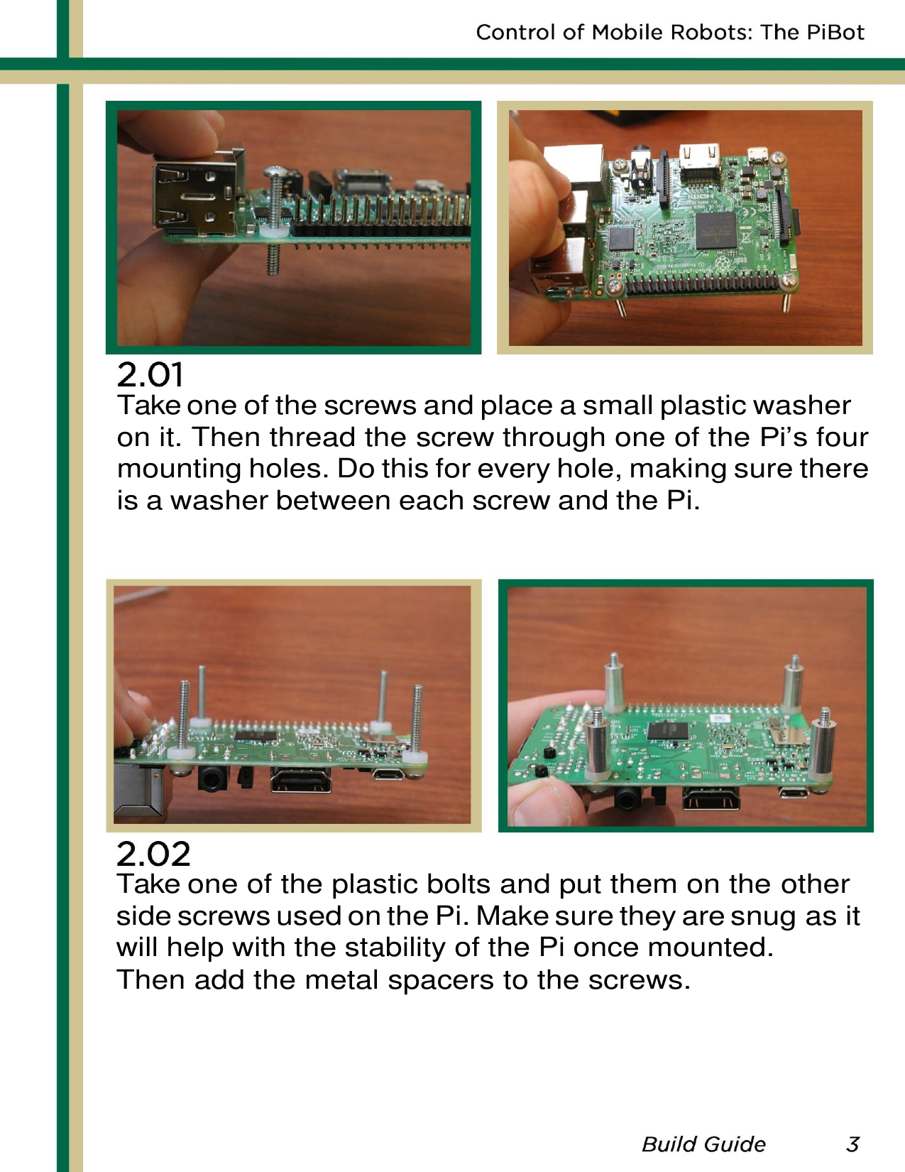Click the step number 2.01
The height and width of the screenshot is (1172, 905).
click(x=150, y=374)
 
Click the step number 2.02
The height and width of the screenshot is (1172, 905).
click(x=153, y=853)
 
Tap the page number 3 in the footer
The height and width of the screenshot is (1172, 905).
click(x=852, y=1144)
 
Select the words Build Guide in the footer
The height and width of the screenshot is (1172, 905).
click(x=703, y=1144)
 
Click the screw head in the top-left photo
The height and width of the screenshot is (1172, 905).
click(x=274, y=172)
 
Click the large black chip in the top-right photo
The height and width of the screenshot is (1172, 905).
click(x=715, y=229)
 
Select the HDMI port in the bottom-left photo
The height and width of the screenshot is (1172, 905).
click(x=301, y=782)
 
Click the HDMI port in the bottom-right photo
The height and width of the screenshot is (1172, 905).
click(x=711, y=799)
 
